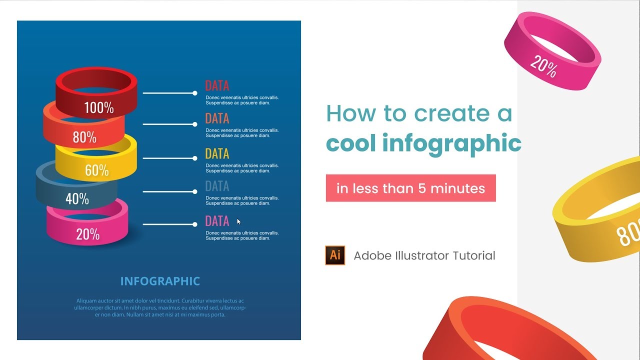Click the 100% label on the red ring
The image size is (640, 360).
tap(98, 107)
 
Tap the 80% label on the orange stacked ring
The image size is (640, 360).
tap(84, 137)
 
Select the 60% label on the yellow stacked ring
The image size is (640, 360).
tap(96, 170)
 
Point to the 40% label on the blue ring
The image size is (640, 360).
tap(77, 199)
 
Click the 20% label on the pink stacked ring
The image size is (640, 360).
tap(87, 234)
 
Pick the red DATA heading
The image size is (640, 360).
tap(217, 85)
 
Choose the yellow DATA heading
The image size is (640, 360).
tap(217, 153)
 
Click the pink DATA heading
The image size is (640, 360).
tap(217, 221)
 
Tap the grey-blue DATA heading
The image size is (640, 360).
tap(217, 186)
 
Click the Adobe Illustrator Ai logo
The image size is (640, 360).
tap(335, 255)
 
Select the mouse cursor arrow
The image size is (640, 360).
tap(239, 221)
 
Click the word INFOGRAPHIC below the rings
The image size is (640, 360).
tap(160, 281)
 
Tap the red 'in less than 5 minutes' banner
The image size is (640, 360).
tap(410, 188)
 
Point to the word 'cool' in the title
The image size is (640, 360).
tap(350, 143)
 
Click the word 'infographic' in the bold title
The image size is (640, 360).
tap(451, 144)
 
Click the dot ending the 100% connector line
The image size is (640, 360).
tap(195, 93)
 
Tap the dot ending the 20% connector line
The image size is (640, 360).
tap(195, 224)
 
